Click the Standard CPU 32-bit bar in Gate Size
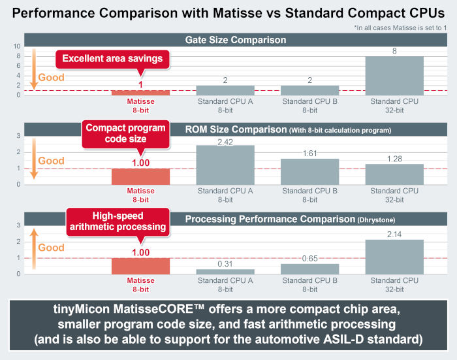point(394,76)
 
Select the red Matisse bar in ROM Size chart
point(141,176)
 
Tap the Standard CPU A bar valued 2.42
point(225,165)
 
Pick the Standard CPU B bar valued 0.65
point(310,269)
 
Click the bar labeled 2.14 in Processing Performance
point(394,257)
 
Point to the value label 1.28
point(394,159)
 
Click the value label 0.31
point(225,264)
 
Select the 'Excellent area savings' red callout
point(112,59)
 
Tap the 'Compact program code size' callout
point(125,134)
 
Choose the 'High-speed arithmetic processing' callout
point(118,222)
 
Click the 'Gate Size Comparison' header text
point(236,40)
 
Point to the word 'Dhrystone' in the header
point(376,220)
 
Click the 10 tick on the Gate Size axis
point(17,46)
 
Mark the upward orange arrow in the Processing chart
point(34,248)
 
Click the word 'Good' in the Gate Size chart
point(52,78)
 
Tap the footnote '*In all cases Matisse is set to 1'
point(400,27)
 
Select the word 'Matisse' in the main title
point(237,13)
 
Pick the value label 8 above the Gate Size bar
point(394,52)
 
